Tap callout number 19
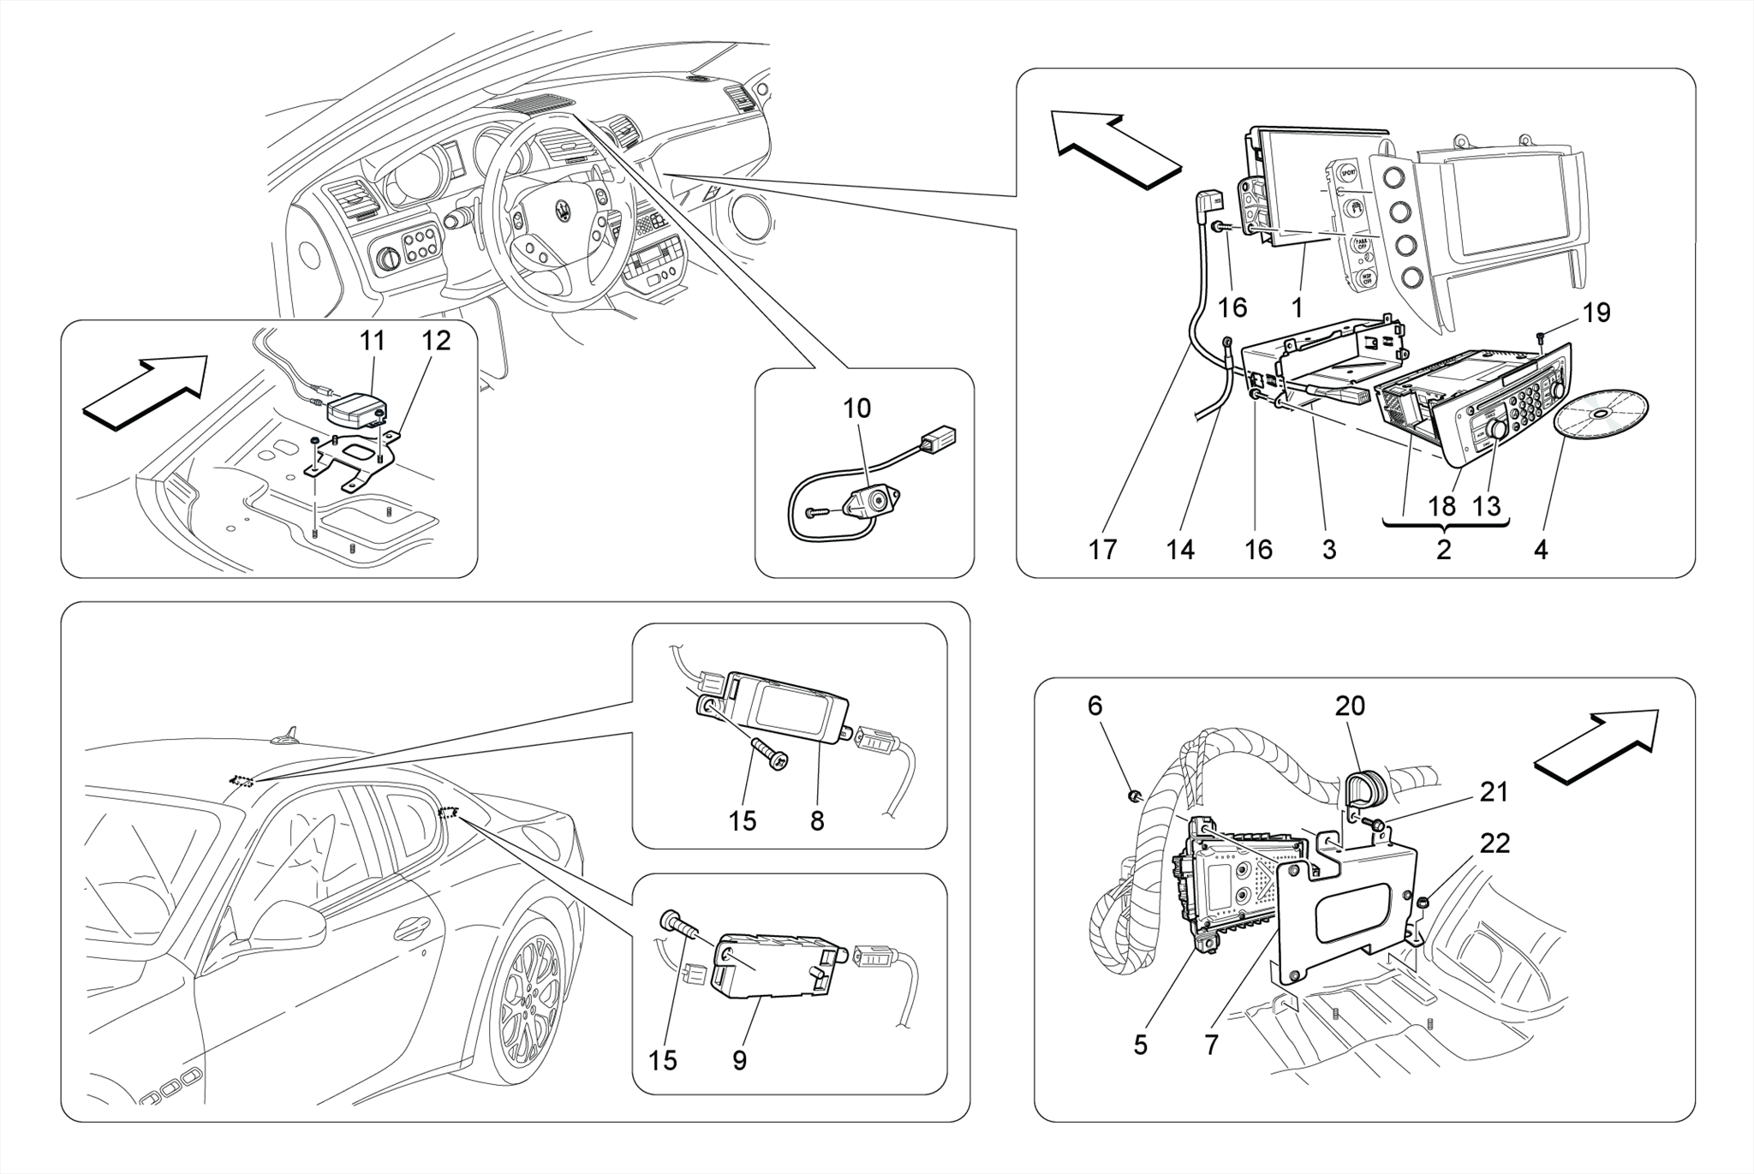coord(1596,313)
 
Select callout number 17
coord(1103,549)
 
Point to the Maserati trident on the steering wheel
coord(563,212)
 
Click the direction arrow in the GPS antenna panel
coord(146,390)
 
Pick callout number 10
coord(856,408)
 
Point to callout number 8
coord(817,820)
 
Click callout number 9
coord(739,1060)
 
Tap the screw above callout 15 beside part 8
coord(769,755)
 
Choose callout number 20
coord(1350,706)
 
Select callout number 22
coord(1494,843)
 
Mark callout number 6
coord(1095,706)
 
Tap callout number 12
coord(435,341)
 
